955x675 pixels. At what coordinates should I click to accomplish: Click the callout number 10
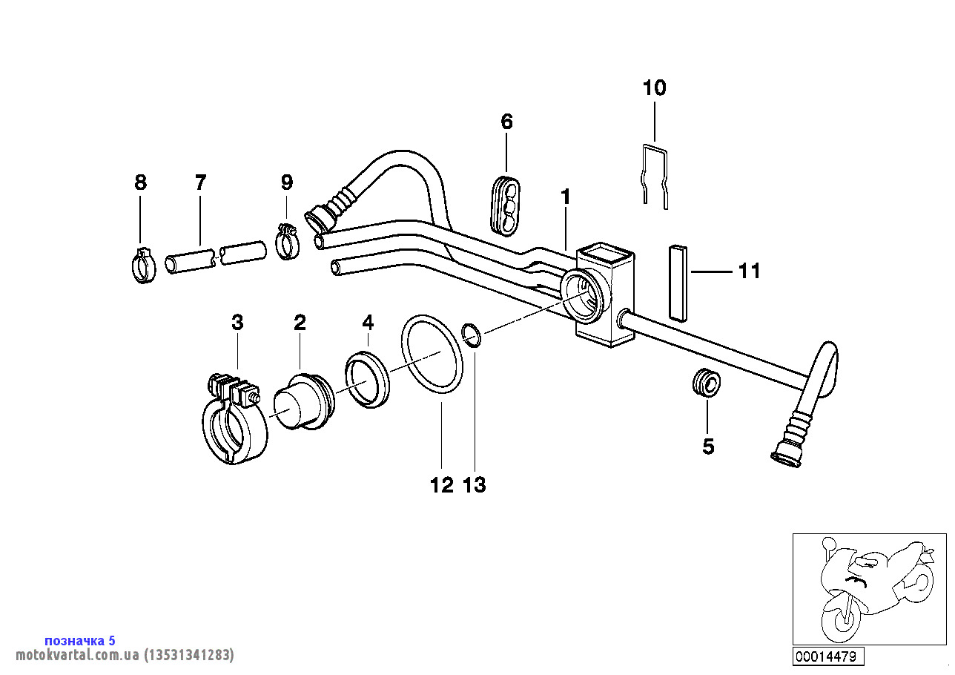pos(654,88)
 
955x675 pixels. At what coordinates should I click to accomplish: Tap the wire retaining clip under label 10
pos(655,174)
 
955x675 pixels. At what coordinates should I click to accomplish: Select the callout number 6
pos(507,122)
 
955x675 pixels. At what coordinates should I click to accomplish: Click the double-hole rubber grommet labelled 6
pos(506,204)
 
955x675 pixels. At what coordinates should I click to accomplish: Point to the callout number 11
pos(750,271)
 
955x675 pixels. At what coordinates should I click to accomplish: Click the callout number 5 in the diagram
pos(708,447)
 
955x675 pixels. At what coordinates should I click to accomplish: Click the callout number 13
pos(475,485)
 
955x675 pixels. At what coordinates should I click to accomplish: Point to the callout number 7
pos(200,182)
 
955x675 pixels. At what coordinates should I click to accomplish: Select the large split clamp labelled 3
pos(233,423)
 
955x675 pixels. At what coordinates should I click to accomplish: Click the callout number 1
pos(566,197)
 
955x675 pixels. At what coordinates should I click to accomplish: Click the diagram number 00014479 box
pos(826,656)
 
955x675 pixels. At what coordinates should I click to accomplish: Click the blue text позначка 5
pos(80,640)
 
